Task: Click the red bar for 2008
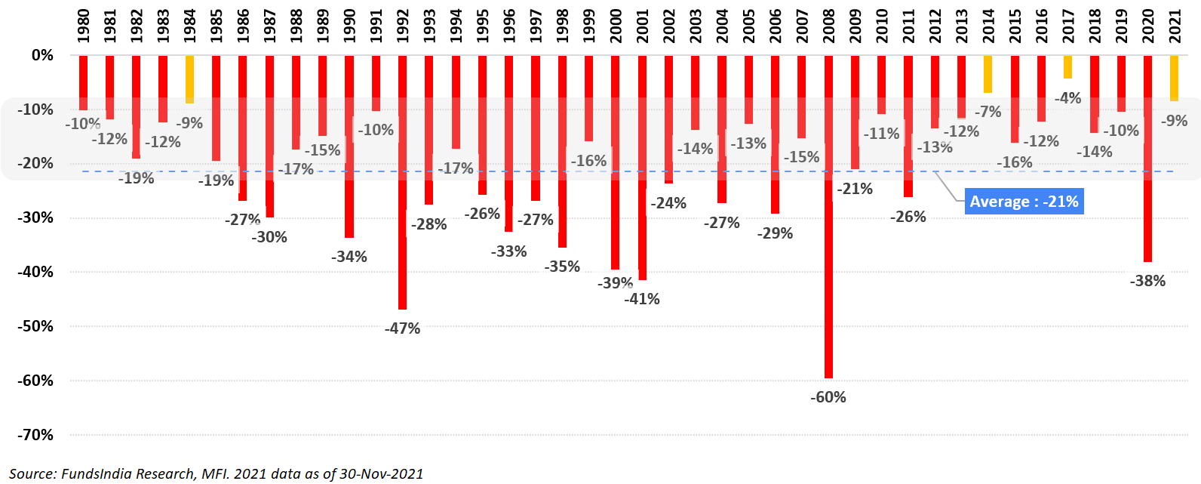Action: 828,219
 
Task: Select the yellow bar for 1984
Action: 189,79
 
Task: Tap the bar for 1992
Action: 402,181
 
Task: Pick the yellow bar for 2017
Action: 1067,67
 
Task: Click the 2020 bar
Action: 1147,159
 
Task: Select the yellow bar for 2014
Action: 988,74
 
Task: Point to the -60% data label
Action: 828,397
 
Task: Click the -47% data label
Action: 402,328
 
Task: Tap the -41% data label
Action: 642,299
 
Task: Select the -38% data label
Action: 1147,281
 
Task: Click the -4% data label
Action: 1067,98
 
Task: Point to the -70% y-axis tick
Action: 35,435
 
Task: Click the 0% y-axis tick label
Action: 42,55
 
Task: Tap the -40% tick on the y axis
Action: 35,272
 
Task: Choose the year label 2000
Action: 616,26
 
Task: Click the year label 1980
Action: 83,26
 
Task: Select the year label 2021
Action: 1175,26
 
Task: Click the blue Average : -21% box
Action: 1024,202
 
